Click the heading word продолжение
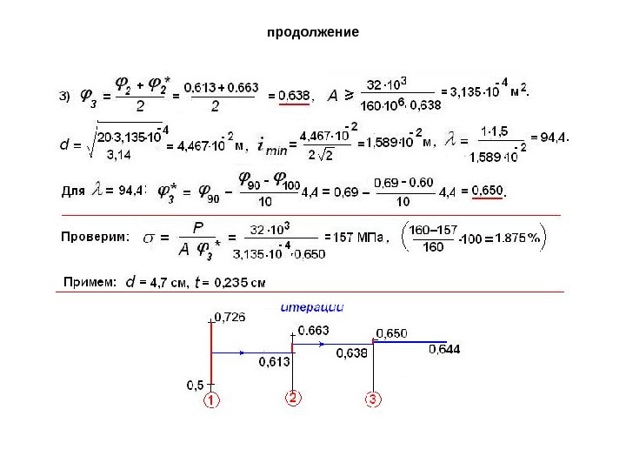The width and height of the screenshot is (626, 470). (312, 32)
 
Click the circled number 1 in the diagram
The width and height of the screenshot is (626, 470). (211, 400)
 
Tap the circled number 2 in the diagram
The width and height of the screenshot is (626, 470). (293, 398)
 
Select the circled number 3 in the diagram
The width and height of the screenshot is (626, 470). (371, 399)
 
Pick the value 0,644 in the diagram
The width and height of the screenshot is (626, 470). (444, 349)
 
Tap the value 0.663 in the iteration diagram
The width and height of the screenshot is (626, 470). (313, 330)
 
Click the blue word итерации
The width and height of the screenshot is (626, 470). (312, 306)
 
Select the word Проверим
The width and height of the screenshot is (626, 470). (96, 235)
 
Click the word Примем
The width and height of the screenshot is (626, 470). (91, 281)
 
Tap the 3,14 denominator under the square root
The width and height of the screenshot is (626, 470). (119, 158)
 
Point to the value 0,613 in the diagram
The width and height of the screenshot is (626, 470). (274, 364)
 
